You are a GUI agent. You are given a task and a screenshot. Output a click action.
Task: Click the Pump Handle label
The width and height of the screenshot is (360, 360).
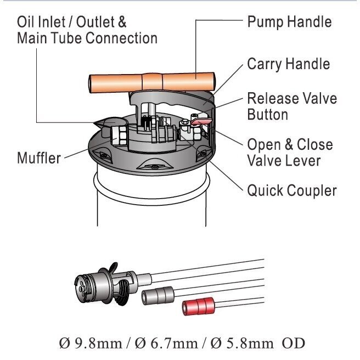(x=289, y=22)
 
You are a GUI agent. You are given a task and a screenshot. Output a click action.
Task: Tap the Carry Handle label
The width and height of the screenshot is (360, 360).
(x=288, y=64)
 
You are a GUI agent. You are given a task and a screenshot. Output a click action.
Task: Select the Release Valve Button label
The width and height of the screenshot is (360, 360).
(x=291, y=106)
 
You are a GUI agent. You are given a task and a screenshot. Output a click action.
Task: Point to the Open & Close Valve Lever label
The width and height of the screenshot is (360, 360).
(x=289, y=153)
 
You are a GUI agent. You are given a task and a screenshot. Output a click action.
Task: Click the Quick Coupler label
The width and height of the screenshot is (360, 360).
(x=291, y=190)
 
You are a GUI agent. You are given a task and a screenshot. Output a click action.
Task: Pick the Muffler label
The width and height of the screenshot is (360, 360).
(x=38, y=158)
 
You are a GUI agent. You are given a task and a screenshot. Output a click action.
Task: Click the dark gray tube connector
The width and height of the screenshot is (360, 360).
(x=157, y=297)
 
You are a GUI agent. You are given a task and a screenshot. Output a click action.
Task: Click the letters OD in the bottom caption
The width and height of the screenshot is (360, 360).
(x=293, y=344)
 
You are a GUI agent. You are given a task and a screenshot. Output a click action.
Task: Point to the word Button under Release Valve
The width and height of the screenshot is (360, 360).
(x=267, y=115)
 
